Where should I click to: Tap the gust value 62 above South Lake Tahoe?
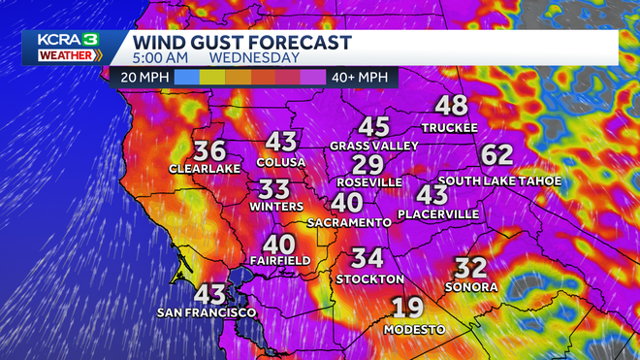(496, 155)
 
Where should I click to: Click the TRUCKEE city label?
(450, 127)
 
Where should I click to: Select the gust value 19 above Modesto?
(407, 309)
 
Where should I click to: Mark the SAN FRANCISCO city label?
(208, 312)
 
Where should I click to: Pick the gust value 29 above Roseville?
(368, 164)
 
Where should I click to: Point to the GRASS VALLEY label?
(373, 146)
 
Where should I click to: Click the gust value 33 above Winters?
(274, 189)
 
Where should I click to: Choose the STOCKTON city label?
(368, 278)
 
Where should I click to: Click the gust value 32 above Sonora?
(470, 268)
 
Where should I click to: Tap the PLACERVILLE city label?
(438, 213)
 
